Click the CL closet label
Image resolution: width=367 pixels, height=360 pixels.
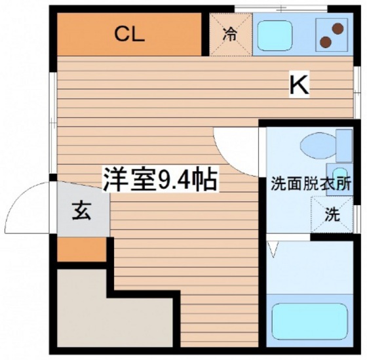[x=129, y=35]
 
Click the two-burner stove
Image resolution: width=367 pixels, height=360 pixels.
[x=332, y=35]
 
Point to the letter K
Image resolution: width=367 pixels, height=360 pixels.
[x=299, y=84]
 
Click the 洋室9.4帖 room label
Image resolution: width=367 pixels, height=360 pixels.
[x=159, y=178]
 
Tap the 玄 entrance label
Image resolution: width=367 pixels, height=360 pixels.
[x=81, y=211]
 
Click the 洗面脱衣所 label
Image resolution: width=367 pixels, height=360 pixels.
[x=311, y=184]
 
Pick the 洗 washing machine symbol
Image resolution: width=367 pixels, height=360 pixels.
[x=333, y=214]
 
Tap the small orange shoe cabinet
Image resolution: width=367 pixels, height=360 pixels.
[x=81, y=249]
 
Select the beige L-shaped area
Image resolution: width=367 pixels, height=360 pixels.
[x=79, y=308]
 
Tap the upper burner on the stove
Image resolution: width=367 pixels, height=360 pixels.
[x=338, y=28]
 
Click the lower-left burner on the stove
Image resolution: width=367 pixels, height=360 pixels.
[x=326, y=42]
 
